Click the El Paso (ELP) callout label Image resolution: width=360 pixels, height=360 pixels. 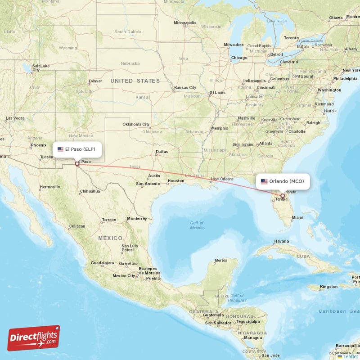tap(77, 149)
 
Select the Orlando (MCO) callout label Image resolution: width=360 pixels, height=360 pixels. tap(283, 181)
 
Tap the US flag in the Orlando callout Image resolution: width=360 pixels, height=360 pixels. tap(264, 181)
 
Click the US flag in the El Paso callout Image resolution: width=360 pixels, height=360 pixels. tap(60, 149)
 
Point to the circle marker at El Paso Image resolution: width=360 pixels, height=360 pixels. tap(77, 164)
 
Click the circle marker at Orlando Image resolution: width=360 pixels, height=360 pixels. tap(283, 196)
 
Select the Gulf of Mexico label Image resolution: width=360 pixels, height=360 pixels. tap(197, 225)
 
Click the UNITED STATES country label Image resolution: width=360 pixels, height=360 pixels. tap(135, 81)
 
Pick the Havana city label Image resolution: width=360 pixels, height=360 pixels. tap(281, 241)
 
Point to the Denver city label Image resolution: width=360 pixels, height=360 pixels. tap(95, 81)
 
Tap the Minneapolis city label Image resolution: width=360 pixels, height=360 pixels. tap(185, 22)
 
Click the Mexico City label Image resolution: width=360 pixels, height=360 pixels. tap(124, 275)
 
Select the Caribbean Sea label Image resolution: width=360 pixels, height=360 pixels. tap(339, 311)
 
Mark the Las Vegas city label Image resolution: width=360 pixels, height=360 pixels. tap(15, 118)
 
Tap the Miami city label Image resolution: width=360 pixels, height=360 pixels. tap(297, 217)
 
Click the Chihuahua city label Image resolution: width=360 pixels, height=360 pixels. tap(90, 191)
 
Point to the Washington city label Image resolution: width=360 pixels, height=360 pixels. tap(329, 90)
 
